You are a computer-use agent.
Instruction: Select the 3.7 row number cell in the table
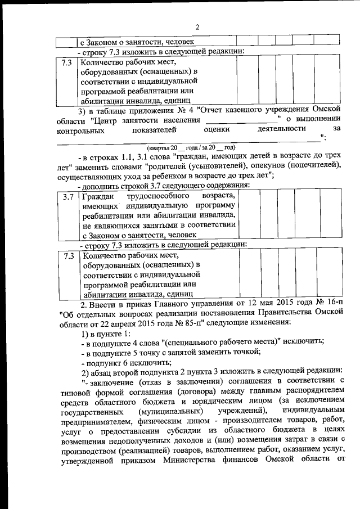click(69, 197)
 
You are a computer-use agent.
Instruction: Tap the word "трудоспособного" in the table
click(155, 197)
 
